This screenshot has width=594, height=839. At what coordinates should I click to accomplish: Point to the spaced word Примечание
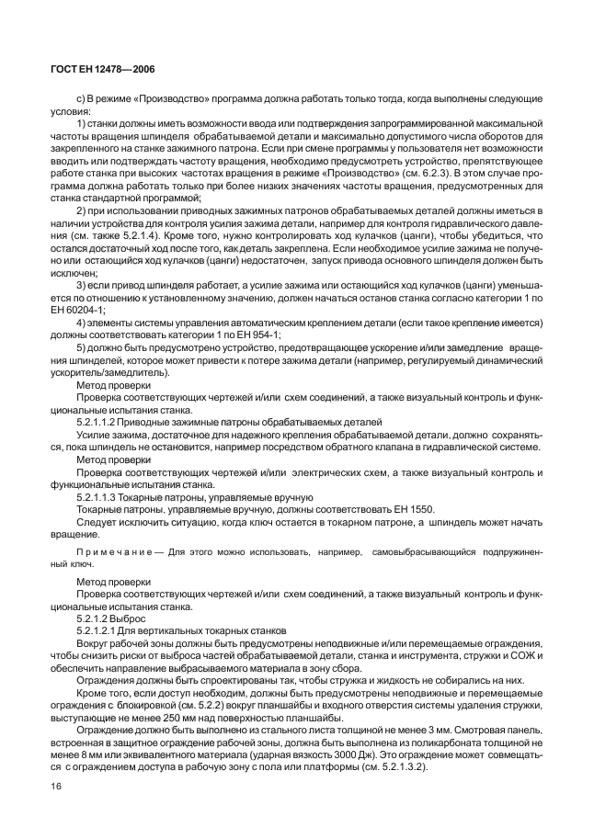click(x=111, y=556)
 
